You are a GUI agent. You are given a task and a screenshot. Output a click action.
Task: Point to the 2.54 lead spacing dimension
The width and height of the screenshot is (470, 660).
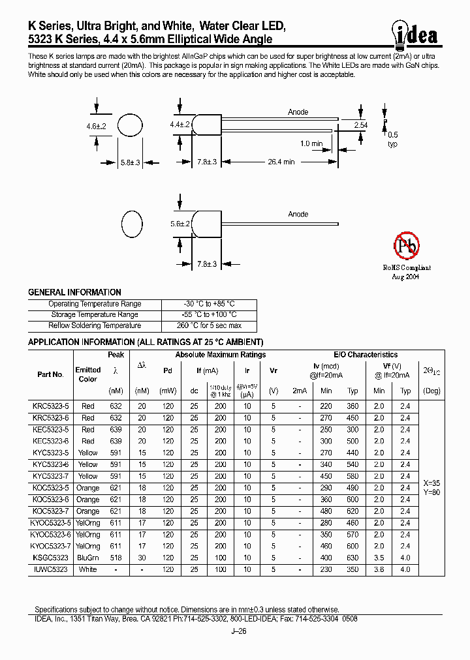point(360,124)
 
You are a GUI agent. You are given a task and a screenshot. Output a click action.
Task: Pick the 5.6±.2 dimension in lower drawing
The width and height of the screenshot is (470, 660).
point(180,223)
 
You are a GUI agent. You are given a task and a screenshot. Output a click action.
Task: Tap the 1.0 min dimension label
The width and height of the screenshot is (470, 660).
point(311,143)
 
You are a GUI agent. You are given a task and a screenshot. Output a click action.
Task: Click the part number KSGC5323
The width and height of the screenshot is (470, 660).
point(50,558)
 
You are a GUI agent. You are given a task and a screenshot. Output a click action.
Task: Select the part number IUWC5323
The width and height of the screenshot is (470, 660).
point(50,569)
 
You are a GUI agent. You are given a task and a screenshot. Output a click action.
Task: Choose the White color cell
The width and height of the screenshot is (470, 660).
point(87,569)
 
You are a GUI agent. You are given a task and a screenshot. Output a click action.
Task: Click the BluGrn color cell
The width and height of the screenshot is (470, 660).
point(87,558)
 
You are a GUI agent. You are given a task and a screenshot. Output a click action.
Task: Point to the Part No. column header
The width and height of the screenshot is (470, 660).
point(50,374)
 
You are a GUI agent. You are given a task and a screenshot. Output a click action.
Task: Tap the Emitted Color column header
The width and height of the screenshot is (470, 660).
point(87,374)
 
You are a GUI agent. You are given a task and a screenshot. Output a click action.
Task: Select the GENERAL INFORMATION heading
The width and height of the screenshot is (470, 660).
point(74,292)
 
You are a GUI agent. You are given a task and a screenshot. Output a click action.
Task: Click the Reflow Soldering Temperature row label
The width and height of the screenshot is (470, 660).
point(95,325)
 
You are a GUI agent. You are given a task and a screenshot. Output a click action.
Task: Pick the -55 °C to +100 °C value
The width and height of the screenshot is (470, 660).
point(209,314)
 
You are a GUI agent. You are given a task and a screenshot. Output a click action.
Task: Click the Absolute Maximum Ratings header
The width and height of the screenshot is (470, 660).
point(220,355)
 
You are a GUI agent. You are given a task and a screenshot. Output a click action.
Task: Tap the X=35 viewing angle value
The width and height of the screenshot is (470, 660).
point(431,483)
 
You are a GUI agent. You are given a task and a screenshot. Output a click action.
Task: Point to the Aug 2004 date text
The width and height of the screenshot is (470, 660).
point(406,277)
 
